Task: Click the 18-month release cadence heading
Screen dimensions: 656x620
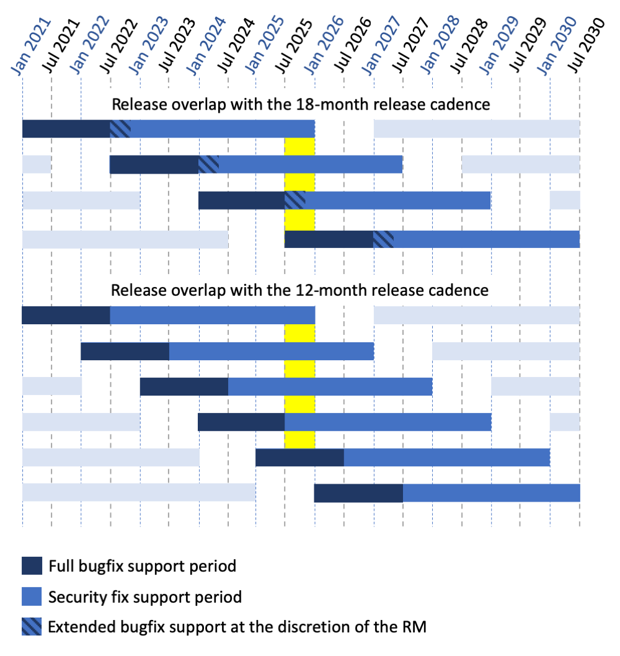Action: [x=301, y=104]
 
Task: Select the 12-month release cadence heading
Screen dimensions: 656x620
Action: [x=299, y=290]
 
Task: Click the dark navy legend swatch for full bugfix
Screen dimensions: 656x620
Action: [x=32, y=566]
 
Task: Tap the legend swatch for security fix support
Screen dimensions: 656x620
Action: [x=32, y=596]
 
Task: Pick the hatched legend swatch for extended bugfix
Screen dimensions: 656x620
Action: [x=32, y=627]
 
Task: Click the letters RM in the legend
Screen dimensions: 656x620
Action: [x=416, y=627]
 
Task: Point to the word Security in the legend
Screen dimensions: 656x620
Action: [x=73, y=597]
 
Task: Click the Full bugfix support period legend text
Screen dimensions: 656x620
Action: [x=142, y=566]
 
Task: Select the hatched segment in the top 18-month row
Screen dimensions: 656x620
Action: [x=120, y=129]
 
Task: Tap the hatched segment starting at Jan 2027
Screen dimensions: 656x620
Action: [x=383, y=239]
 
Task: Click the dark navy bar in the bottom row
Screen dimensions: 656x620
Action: [x=358, y=493]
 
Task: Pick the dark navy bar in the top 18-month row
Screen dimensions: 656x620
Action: [x=66, y=129]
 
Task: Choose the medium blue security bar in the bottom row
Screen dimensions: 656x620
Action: [x=491, y=493]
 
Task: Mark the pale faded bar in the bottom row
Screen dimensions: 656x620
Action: [x=139, y=493]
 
